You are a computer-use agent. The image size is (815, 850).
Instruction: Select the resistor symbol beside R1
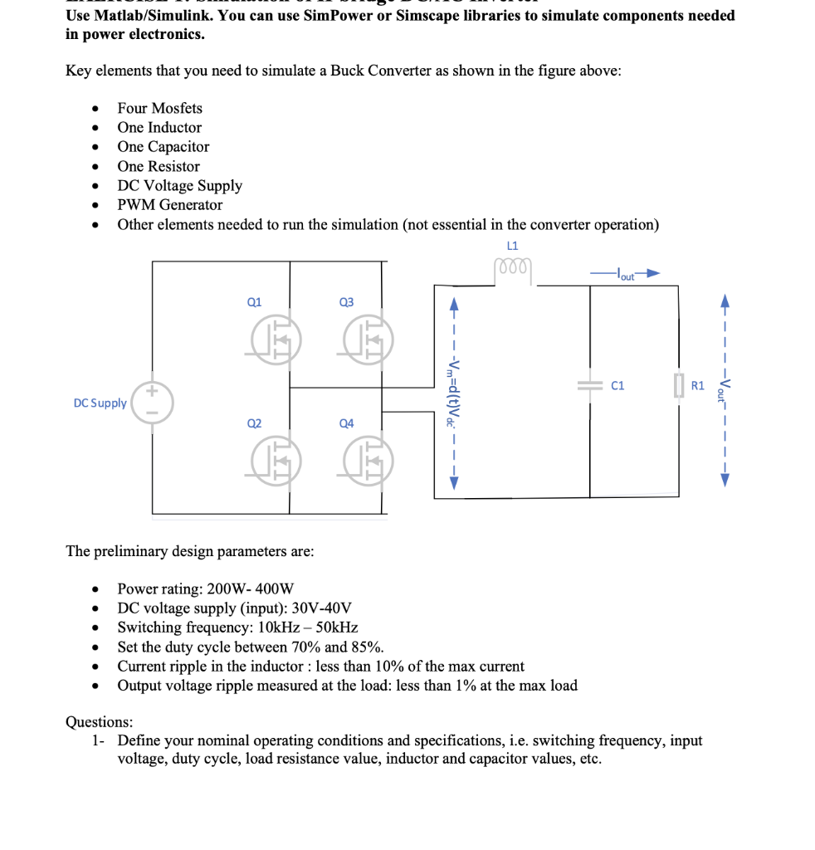(680, 386)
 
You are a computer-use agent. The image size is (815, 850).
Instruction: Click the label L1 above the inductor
(512, 245)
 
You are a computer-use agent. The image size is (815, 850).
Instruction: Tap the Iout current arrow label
(625, 274)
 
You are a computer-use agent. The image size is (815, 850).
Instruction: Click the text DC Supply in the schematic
(100, 403)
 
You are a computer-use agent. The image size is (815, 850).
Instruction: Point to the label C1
(617, 386)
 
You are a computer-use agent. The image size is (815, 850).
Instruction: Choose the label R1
(698, 386)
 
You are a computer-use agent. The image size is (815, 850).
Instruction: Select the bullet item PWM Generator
(169, 205)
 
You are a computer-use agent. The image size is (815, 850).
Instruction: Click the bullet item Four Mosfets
(159, 109)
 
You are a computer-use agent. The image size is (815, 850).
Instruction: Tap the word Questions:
(99, 721)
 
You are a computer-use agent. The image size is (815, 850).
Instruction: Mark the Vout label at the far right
(725, 388)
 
